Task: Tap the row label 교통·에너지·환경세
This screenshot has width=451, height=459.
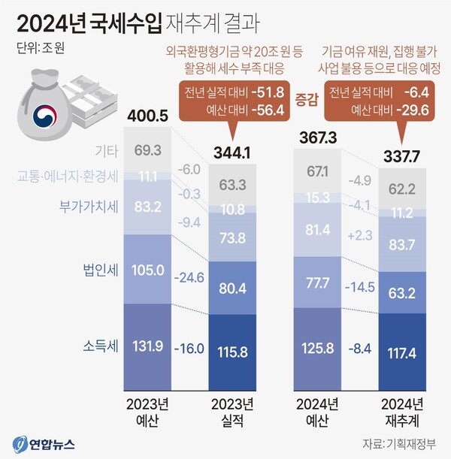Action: tap(69, 177)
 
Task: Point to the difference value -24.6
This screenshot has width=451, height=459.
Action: tap(189, 277)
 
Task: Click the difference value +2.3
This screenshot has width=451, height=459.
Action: tap(360, 237)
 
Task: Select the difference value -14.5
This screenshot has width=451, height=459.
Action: tap(360, 287)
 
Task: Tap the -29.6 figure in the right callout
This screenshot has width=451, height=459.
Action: tap(422, 111)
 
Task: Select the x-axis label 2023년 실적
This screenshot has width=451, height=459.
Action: tap(231, 409)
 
